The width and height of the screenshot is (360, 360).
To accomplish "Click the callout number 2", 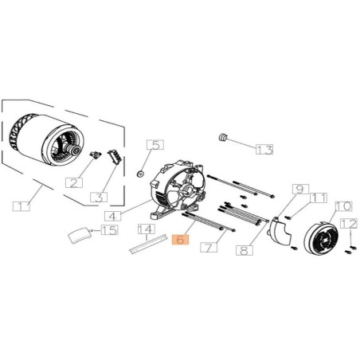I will (x=74, y=182).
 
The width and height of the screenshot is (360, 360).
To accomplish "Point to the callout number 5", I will (x=155, y=145).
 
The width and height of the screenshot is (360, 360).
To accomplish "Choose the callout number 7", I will (x=209, y=248).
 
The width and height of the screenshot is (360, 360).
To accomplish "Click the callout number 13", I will (x=263, y=149).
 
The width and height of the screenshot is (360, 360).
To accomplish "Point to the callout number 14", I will (x=146, y=230).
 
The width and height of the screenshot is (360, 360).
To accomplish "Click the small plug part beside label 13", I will (x=225, y=138).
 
